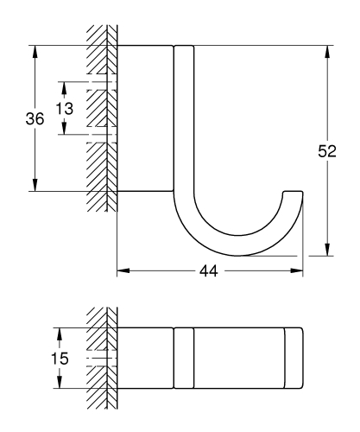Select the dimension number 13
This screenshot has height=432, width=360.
(x=65, y=109)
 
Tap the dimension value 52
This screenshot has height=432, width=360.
(x=326, y=151)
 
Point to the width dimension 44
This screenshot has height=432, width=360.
(x=208, y=271)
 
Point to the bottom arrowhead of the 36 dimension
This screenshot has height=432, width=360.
(x=35, y=184)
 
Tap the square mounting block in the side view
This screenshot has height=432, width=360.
(x=145, y=118)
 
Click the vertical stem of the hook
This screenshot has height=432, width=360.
(x=185, y=121)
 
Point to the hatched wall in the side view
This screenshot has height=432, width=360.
(x=100, y=121)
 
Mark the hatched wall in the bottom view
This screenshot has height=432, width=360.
(x=100, y=356)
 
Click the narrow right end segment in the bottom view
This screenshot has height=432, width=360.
(x=294, y=356)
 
